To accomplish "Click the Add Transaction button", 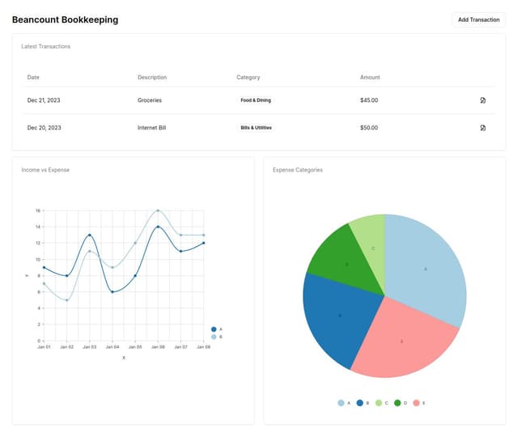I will coord(478,19).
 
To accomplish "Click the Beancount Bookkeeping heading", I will coord(65,19).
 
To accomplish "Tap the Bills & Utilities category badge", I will coord(256,128).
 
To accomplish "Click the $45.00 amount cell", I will coord(369,100).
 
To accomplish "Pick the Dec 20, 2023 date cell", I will coord(44,128).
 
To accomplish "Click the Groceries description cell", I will coord(150,100).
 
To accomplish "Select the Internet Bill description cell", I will coord(152,128).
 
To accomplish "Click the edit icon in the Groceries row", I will coord(482,100).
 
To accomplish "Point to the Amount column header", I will coord(370,78).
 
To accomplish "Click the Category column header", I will coord(248,78).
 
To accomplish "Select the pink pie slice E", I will coord(402,340).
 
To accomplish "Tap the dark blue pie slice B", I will coord(338,316).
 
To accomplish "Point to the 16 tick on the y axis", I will coord(38,210).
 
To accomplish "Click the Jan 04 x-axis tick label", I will coord(112,347).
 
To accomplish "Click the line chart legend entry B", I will coord(217,337).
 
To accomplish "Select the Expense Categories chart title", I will coord(298,170).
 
